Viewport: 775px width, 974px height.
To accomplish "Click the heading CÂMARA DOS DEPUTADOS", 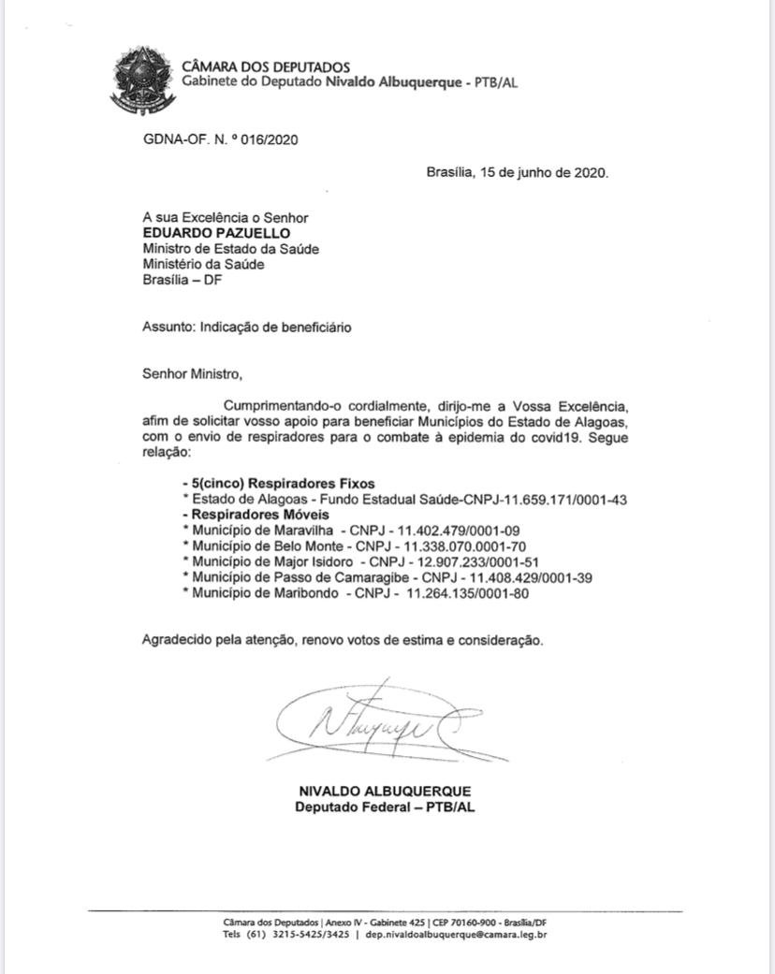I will click(x=265, y=66).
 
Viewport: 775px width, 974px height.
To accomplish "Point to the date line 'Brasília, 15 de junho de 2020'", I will click(x=517, y=172).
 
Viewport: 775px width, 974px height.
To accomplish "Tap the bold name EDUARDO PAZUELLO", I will click(x=203, y=233).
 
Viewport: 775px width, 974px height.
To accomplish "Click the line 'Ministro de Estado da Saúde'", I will click(x=230, y=249).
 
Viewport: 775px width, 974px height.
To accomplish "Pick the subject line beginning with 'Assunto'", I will click(x=247, y=327).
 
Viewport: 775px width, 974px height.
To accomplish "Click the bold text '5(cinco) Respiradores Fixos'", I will click(x=281, y=484).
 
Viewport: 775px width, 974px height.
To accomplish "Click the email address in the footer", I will click(x=457, y=934).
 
